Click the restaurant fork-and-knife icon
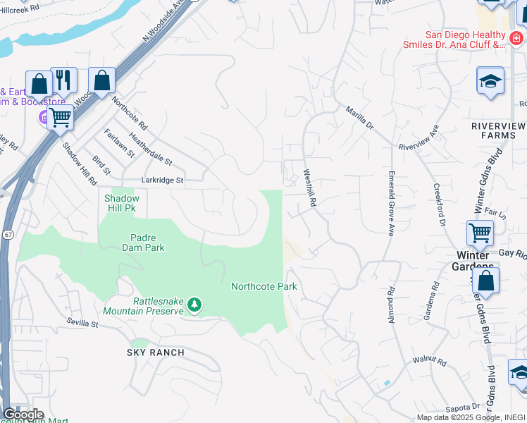(x=63, y=80)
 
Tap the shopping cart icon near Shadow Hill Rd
(x=61, y=118)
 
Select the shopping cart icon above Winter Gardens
(x=480, y=232)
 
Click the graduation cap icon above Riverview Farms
(x=490, y=82)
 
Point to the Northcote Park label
(x=263, y=286)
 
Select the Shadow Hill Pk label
(x=123, y=203)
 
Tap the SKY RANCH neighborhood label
(x=156, y=352)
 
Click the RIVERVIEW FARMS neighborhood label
(x=498, y=130)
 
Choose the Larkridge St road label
(x=162, y=180)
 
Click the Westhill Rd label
(x=309, y=187)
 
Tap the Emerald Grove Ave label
(x=390, y=202)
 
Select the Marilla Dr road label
(x=359, y=117)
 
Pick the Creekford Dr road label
(x=440, y=205)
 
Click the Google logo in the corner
(x=23, y=415)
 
